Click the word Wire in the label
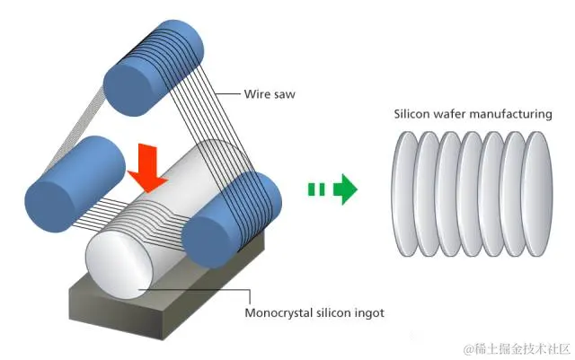pyautogui.click(x=257, y=92)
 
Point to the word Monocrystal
pyautogui.click(x=282, y=313)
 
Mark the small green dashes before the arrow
pyautogui.click(x=315, y=189)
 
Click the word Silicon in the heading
pyautogui.click(x=411, y=114)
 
